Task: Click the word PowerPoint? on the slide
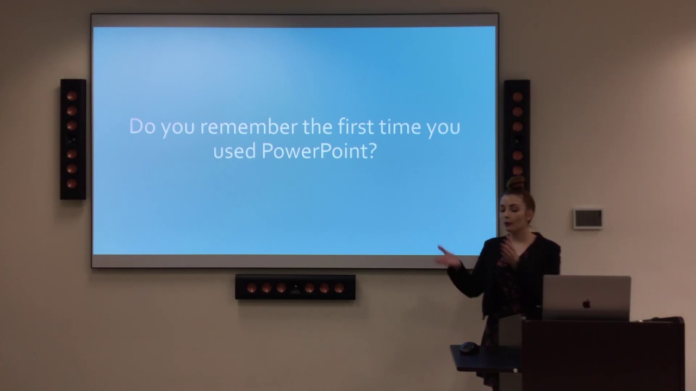[319, 150]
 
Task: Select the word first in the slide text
[352, 127]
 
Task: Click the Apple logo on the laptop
[586, 304]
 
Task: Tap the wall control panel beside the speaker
[588, 218]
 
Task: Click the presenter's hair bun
[515, 183]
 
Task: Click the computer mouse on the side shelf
[468, 348]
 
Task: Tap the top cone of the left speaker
[72, 96]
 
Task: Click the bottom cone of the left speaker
[72, 183]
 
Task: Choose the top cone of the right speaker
[517, 97]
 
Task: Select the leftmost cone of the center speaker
[252, 287]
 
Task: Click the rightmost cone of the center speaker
[339, 288]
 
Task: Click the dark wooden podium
[602, 356]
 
